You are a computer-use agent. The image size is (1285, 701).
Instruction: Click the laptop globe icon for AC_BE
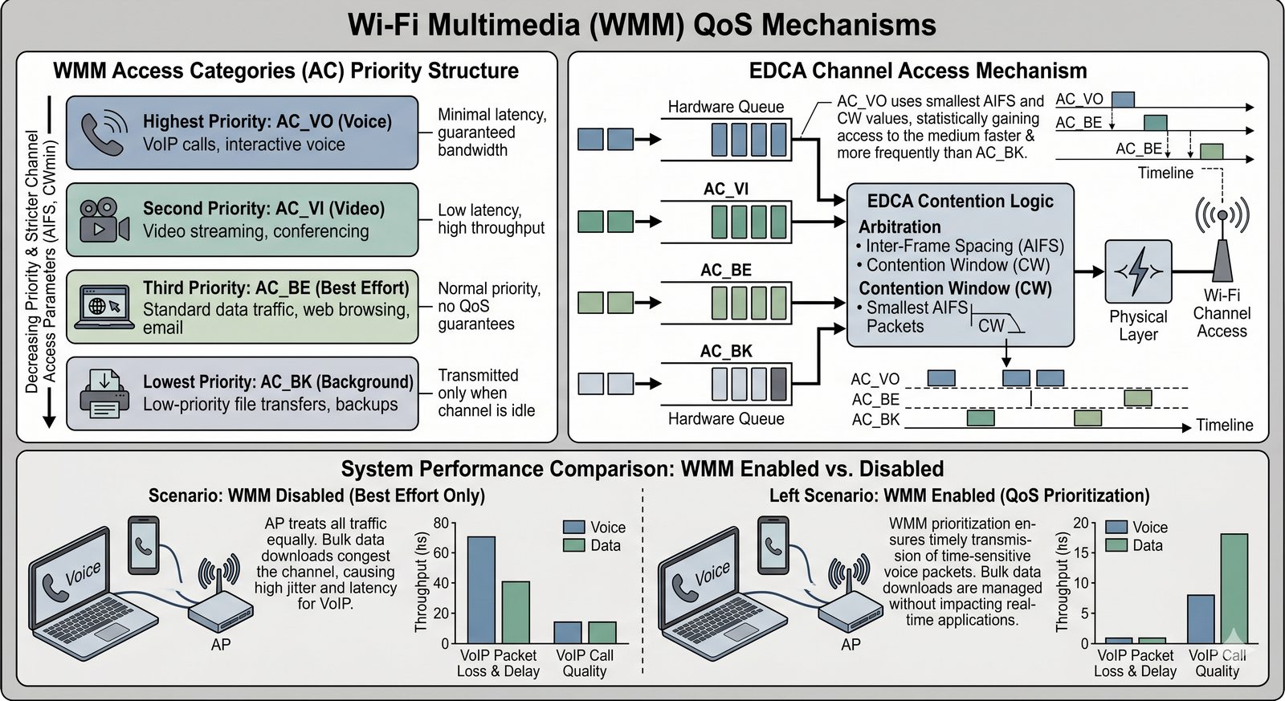[104, 307]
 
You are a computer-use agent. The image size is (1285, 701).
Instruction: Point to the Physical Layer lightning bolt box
[1138, 271]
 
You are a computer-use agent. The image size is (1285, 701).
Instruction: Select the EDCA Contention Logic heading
[960, 202]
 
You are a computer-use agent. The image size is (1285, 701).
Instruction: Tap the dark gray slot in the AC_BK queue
[778, 383]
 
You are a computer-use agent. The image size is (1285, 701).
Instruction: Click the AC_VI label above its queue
[725, 189]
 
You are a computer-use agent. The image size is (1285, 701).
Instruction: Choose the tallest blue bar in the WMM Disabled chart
[481, 589]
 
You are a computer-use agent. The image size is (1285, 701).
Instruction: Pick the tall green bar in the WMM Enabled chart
[1234, 588]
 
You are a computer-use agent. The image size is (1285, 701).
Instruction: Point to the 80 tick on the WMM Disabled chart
[441, 524]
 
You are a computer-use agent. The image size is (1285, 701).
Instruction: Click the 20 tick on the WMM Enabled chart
[1081, 524]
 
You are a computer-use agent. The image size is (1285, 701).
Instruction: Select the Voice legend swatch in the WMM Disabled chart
[573, 527]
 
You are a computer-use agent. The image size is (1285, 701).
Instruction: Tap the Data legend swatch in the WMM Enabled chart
[1116, 545]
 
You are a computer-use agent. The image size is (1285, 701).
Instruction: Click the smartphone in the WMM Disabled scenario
[144, 545]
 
